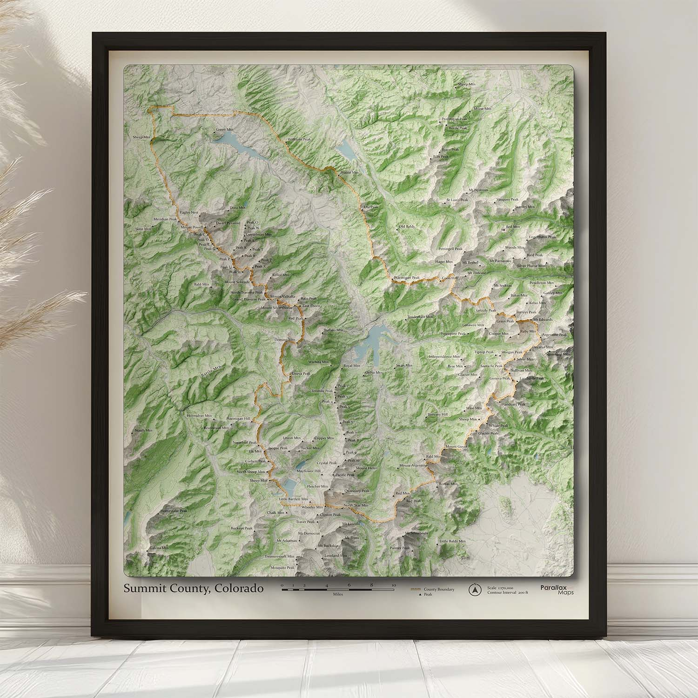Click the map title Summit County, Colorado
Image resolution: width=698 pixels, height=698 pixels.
point(193,589)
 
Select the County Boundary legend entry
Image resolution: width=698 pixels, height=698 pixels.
point(438,589)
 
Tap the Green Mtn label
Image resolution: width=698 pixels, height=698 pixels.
point(224,130)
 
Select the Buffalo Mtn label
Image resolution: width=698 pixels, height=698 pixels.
point(334,330)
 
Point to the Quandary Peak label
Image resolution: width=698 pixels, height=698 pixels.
point(356,491)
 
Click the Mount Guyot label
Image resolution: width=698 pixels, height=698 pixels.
point(456,447)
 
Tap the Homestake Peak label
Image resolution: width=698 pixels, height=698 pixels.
point(174,510)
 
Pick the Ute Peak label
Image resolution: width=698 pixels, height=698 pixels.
point(371,207)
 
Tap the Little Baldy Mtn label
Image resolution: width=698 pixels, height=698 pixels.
point(452,541)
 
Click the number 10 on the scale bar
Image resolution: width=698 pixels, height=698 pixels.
point(394,585)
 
